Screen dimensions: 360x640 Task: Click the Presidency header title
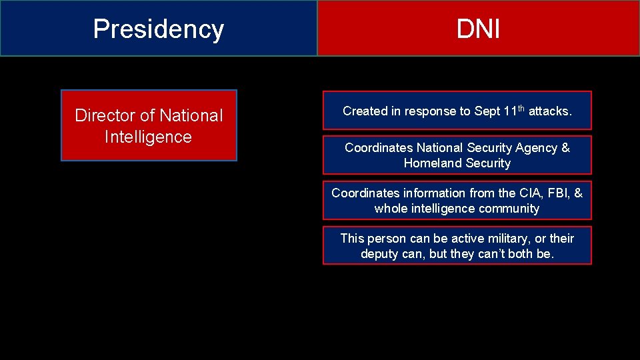tap(158, 29)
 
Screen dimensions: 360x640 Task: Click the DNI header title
tap(478, 29)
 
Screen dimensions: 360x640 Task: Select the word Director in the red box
tap(105, 115)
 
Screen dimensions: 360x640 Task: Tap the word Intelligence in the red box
tap(148, 137)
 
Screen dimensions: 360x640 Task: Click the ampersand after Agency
tap(565, 147)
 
